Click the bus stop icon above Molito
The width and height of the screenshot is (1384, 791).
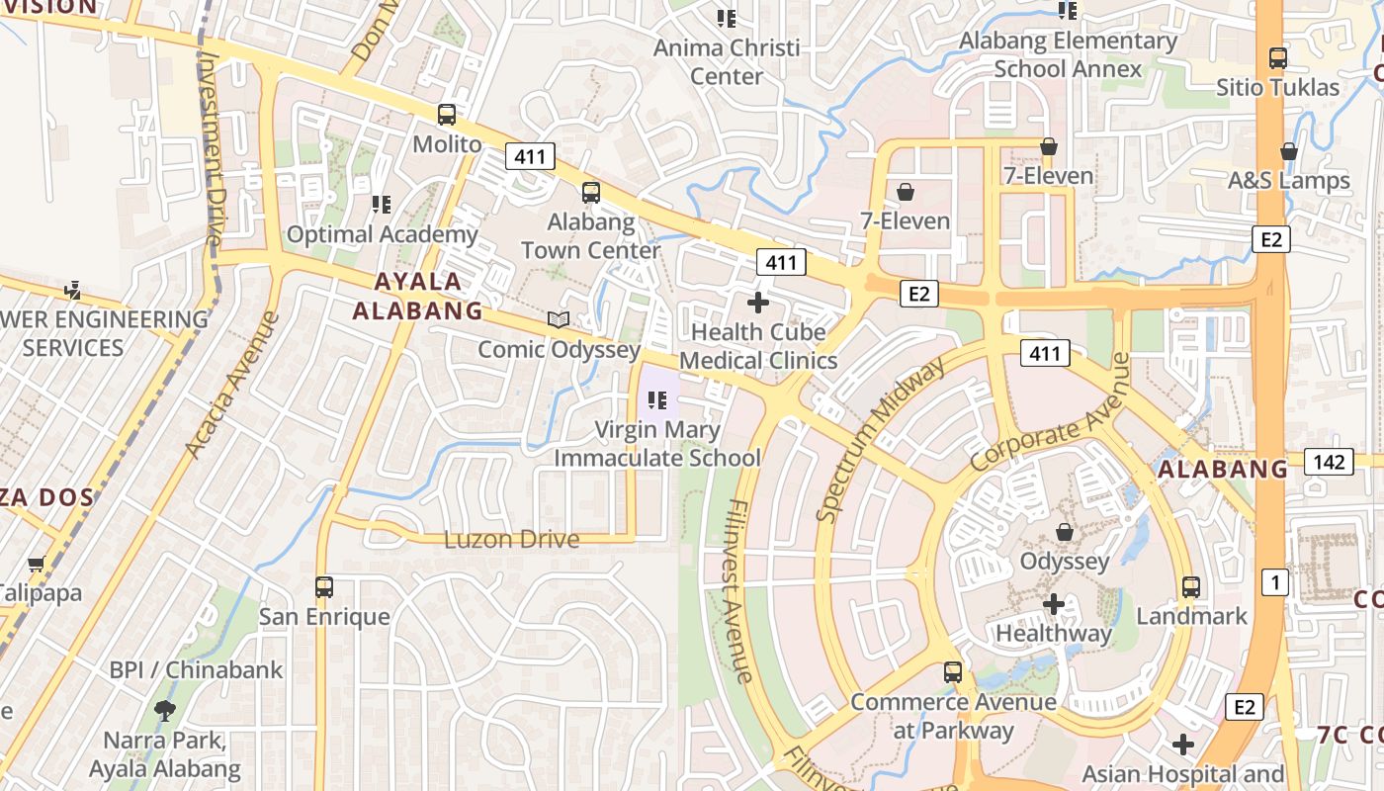coord(447,115)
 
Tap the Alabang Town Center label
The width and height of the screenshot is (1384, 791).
coord(590,236)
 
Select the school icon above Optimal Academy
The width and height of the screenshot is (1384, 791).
coord(381,205)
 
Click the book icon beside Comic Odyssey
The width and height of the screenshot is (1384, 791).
coord(559,319)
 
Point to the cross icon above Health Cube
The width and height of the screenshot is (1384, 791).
coord(758,302)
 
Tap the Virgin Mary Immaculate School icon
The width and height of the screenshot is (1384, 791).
coord(657,400)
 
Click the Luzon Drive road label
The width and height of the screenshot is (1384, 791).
coord(511,540)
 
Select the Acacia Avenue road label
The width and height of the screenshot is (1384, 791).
coord(231,386)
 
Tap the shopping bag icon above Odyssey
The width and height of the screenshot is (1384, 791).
coord(1065,532)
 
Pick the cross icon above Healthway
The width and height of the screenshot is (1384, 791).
coord(1054,603)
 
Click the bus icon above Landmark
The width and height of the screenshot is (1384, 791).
coord(1191,587)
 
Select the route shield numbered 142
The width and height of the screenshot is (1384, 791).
coord(1328,462)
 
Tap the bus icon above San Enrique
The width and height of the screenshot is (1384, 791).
coord(324,587)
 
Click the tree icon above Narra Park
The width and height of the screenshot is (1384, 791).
coord(165,710)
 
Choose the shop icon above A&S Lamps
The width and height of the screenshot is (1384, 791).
coord(1289,151)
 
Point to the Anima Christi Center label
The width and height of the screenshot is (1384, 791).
coord(727,61)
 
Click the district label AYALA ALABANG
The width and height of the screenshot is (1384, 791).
coord(418,296)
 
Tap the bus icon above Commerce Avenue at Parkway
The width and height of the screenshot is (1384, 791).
coord(953,672)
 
